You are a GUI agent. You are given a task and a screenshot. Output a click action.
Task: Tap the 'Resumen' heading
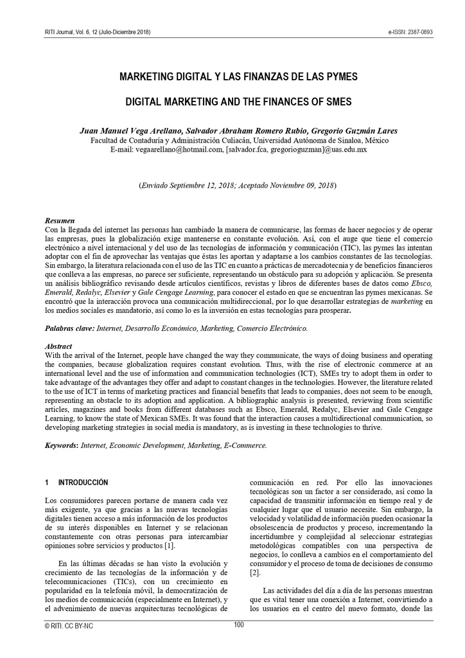click(60, 220)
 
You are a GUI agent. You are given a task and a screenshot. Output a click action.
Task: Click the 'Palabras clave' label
click(69, 328)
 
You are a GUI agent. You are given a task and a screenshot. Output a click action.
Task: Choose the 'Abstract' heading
click(59, 346)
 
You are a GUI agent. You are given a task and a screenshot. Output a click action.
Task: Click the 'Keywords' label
click(62, 445)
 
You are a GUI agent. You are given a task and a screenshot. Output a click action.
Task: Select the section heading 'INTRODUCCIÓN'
click(83, 482)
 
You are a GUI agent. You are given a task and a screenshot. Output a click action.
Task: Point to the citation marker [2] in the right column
click(255, 573)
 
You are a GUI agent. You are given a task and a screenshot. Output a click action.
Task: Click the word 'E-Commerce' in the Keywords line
click(244, 445)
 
